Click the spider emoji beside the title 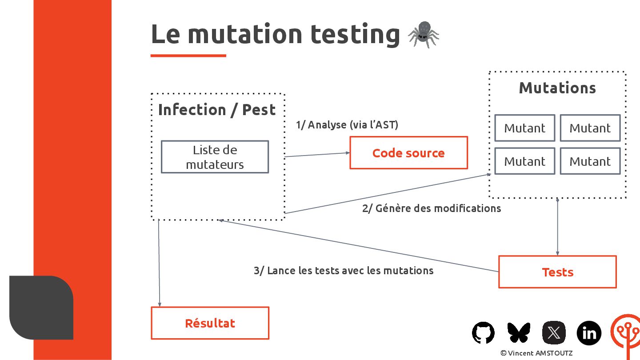click(x=423, y=34)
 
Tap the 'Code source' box click(x=408, y=153)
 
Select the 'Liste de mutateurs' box click(x=215, y=157)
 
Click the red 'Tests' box click(x=557, y=272)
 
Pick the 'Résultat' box click(x=210, y=323)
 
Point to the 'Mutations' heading click(x=557, y=88)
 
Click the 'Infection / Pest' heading click(x=217, y=110)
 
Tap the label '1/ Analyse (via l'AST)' click(x=347, y=125)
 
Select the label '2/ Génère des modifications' click(x=431, y=208)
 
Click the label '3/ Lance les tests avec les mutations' click(x=343, y=271)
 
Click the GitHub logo click(x=483, y=332)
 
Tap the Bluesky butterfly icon click(x=519, y=332)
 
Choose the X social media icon click(x=554, y=332)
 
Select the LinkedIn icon click(x=589, y=332)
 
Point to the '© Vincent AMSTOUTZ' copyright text click(x=536, y=353)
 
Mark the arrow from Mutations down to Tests click(x=557, y=227)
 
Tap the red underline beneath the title click(x=188, y=56)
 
